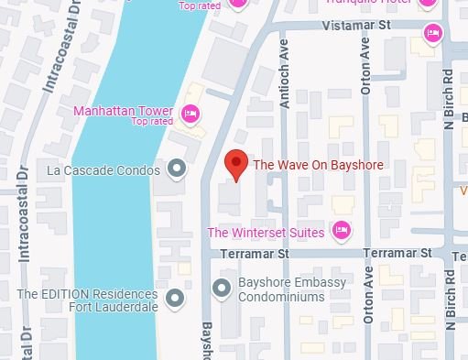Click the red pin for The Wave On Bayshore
tap(236, 165)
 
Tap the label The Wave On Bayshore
tap(317, 166)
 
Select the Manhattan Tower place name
tap(124, 111)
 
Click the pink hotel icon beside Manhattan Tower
tap(190, 114)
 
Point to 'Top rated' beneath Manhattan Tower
tap(152, 122)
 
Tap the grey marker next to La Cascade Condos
tap(177, 169)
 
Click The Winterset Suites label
tap(266, 233)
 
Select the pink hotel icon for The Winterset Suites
tap(341, 231)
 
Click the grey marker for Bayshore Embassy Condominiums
tap(221, 289)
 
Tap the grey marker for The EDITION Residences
tap(176, 298)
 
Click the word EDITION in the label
tap(66, 294)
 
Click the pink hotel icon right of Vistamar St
tap(432, 34)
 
